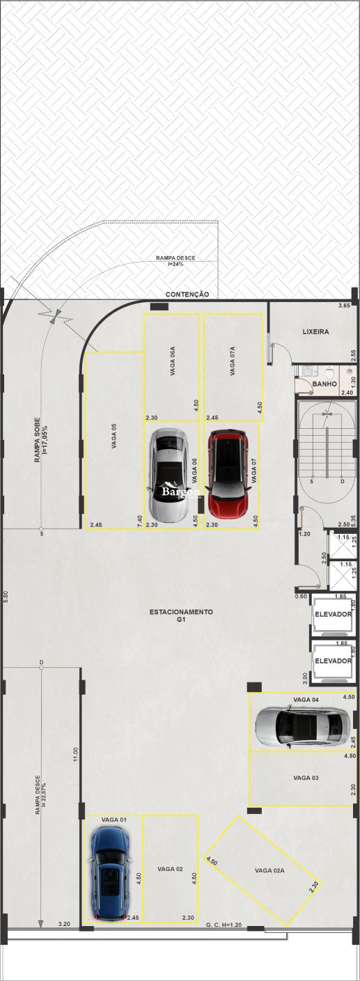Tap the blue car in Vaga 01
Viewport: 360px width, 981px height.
[109, 874]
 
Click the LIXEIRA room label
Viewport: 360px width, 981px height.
[315, 332]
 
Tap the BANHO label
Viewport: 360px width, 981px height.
[324, 384]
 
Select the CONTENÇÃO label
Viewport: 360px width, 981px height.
[187, 295]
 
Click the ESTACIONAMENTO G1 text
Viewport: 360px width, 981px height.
[180, 616]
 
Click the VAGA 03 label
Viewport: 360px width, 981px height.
[306, 778]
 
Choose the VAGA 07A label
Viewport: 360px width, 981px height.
[232, 364]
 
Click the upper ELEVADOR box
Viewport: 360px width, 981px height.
[333, 615]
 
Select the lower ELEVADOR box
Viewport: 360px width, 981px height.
[333, 661]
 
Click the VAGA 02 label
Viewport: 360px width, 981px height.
[170, 870]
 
